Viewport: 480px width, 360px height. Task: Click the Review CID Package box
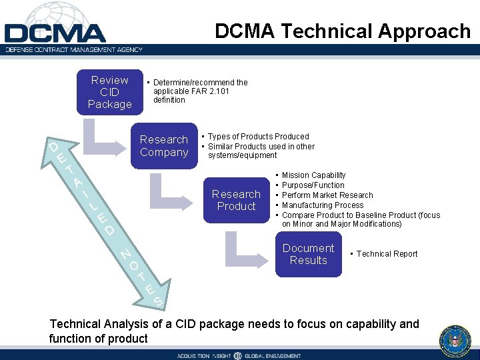tap(109, 93)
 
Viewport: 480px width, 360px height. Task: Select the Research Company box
tap(164, 146)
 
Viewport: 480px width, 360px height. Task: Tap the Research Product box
tap(236, 200)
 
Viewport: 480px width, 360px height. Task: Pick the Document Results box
tap(308, 254)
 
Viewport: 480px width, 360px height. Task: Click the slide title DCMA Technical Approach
tap(343, 31)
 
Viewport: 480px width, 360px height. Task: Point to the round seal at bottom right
tap(455, 342)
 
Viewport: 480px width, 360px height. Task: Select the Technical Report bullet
tap(387, 254)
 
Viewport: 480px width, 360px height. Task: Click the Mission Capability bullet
tap(313, 175)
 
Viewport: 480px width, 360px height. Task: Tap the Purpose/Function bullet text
tap(313, 185)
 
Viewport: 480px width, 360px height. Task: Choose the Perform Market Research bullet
tap(327, 195)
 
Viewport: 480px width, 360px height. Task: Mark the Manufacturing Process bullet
tap(322, 205)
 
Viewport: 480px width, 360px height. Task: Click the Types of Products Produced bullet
tap(258, 137)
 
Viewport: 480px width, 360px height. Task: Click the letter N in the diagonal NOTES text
tap(124, 253)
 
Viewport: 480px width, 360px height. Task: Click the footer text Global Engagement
tap(271, 356)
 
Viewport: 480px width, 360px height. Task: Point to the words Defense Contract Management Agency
tap(75, 49)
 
